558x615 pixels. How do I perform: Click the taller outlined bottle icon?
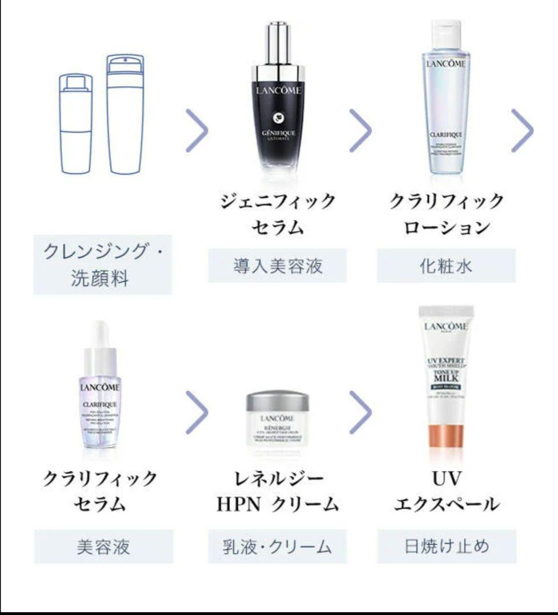tap(126, 114)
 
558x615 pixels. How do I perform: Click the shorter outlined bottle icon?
tap(75, 123)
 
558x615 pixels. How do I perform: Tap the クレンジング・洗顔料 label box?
tap(102, 264)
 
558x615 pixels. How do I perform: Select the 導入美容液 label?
tap(277, 265)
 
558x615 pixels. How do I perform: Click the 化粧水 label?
tap(445, 265)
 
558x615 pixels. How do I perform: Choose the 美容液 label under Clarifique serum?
tap(103, 546)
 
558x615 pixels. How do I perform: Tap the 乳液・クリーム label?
tap(277, 546)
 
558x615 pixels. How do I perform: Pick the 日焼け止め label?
tap(447, 546)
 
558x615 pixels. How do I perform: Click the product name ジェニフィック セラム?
tap(277, 214)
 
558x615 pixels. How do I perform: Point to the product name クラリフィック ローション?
tap(447, 214)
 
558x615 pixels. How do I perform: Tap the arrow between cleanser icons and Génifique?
tap(197, 131)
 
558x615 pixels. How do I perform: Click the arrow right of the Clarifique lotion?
tap(522, 131)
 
